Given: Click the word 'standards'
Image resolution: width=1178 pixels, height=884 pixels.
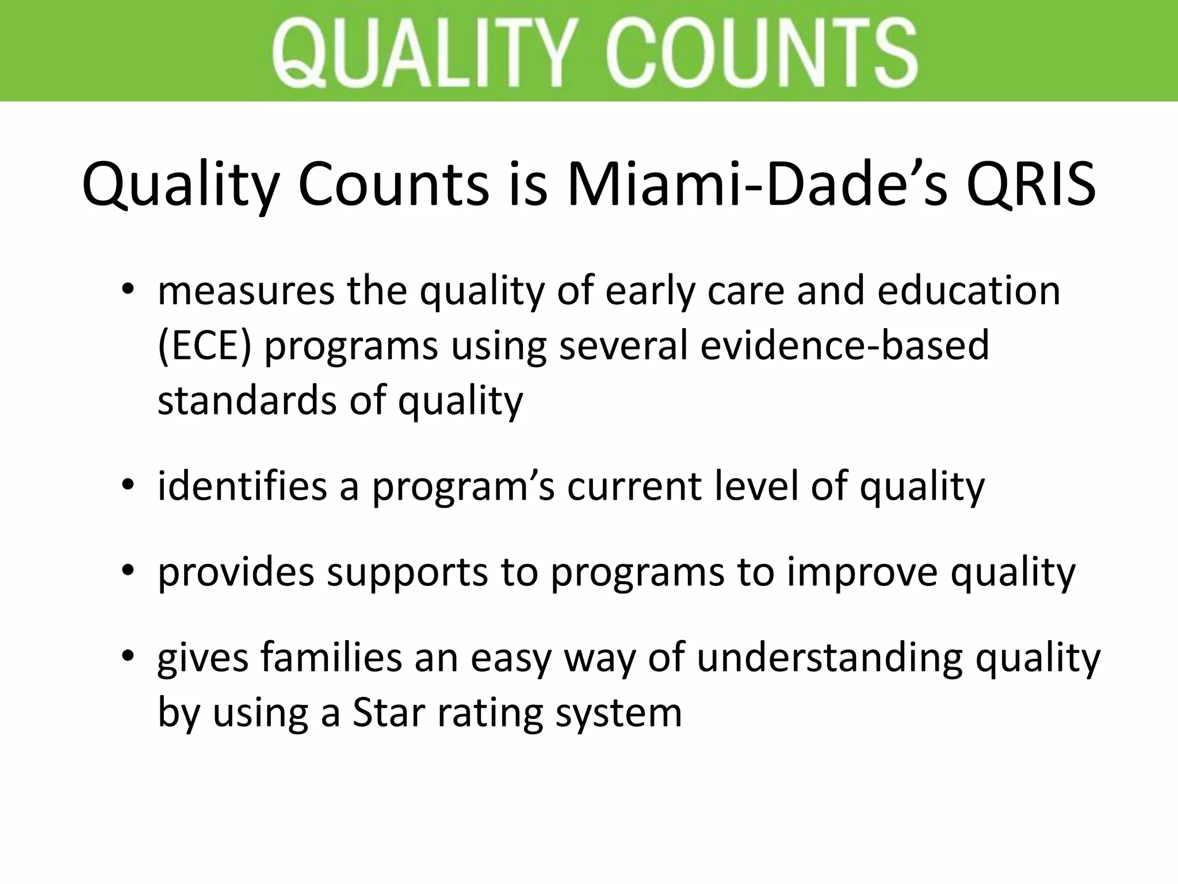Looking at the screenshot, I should coord(247,401).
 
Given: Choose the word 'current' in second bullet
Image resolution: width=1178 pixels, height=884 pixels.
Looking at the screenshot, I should coord(633,486).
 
